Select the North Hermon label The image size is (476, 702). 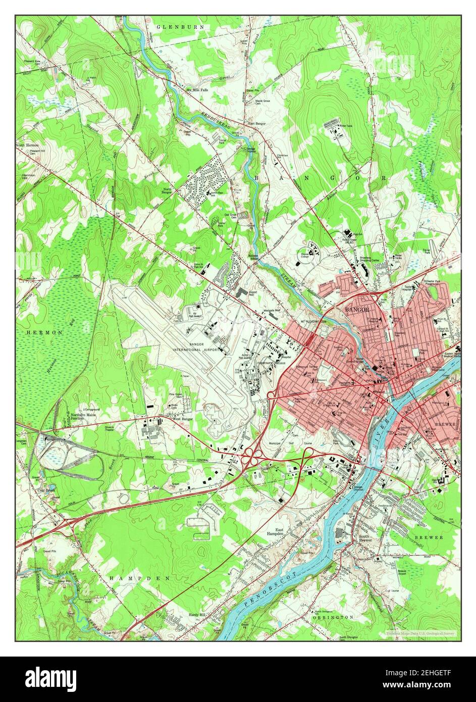27,145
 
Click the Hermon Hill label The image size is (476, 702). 27,178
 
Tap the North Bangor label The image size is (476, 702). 167,190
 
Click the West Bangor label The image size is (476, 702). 183,419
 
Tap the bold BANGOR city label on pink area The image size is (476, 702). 357,309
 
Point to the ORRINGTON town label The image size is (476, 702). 333,617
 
